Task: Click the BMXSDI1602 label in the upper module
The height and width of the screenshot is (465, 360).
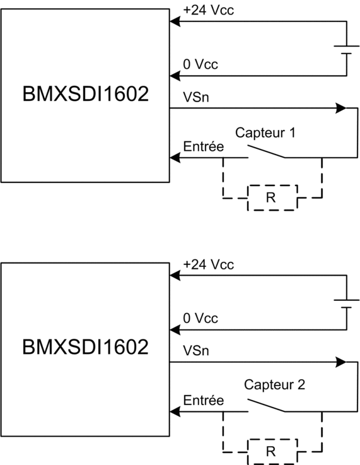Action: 85,94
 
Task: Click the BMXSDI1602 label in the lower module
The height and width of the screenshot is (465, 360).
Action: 85,347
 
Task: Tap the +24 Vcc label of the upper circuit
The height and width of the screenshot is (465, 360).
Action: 208,10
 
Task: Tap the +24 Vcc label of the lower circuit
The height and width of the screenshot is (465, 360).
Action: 208,264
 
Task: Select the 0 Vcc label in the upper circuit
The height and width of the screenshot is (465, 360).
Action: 200,64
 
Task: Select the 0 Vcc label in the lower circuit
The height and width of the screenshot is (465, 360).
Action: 200,318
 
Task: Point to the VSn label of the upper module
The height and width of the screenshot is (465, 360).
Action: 196,97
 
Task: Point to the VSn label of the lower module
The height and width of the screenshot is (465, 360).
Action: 196,351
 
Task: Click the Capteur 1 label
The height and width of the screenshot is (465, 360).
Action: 265,132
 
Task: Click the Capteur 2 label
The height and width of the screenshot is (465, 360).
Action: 274,385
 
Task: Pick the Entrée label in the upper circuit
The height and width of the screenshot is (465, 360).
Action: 203,146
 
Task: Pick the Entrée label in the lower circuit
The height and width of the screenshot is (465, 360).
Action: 203,400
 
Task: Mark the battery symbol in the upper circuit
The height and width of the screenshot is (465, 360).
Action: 346,50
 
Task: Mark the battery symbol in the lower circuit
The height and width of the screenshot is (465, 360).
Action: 346,303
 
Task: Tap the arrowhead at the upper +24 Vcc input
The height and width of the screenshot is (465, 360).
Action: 175,21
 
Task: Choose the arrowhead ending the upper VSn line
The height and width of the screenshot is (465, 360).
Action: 340,108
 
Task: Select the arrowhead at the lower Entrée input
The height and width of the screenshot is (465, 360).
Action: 175,411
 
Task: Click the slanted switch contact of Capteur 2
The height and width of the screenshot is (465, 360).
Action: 266,406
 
